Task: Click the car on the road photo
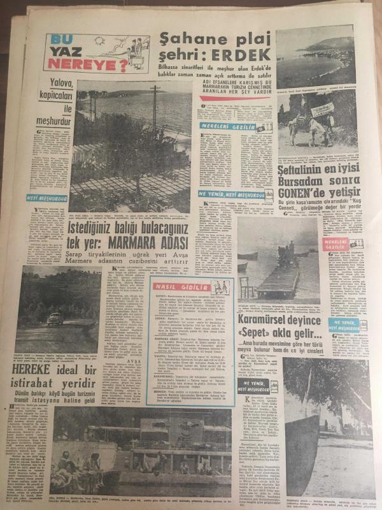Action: coord(55,319)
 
